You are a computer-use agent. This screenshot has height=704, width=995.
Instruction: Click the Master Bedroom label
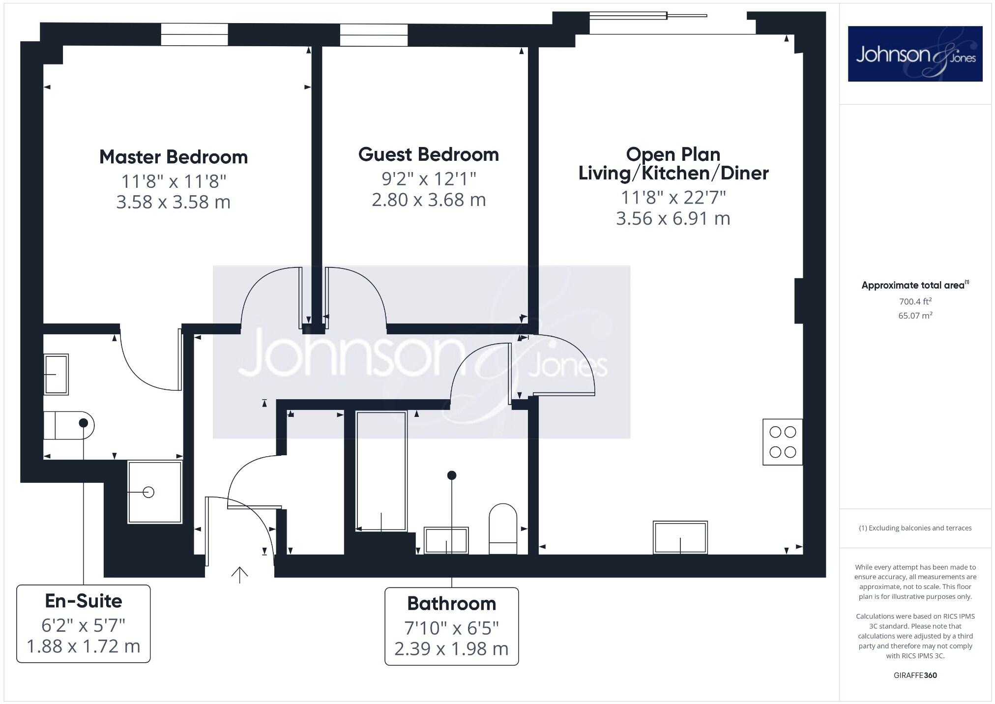pos(173,157)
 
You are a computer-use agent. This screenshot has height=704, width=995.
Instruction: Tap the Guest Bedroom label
pos(428,155)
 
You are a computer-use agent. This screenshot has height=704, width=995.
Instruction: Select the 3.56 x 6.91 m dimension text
pos(673,218)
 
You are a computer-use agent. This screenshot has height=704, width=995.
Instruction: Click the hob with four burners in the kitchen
pos(782,442)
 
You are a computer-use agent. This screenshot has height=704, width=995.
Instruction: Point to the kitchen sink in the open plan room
pos(680,537)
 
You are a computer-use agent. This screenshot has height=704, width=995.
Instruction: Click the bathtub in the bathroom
pos(381,471)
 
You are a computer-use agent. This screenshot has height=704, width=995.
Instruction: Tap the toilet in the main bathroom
pos(503,528)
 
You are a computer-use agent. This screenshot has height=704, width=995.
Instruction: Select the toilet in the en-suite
pos(68,425)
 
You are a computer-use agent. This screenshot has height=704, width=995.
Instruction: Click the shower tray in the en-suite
pos(155,492)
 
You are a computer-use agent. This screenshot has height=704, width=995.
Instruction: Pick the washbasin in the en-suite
pos(56,374)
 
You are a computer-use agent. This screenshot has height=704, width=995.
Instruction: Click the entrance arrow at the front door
pos(239,574)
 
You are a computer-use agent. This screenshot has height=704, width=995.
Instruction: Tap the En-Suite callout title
pos(83,601)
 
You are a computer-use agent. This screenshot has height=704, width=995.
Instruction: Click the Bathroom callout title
pos(451,603)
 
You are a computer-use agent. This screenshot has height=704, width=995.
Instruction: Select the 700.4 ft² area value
pos(915,301)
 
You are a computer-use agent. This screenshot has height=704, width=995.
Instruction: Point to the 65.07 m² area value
pos(915,316)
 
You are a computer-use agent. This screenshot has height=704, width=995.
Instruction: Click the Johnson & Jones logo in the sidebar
pos(915,54)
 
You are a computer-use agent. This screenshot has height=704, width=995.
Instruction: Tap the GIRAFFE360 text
pos(915,675)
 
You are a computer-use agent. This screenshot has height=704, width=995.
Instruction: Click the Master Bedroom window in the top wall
pos(194,34)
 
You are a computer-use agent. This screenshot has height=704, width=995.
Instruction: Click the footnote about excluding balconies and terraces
pos(915,528)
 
